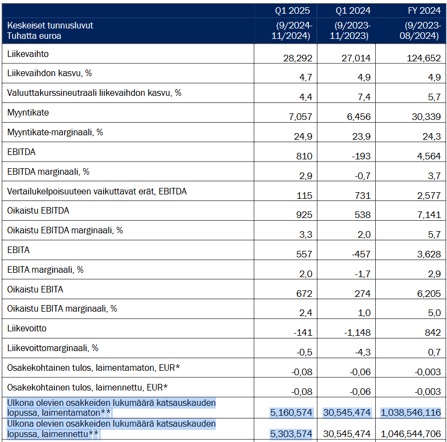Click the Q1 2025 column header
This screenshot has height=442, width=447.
292,10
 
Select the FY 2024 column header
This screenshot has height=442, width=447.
424,10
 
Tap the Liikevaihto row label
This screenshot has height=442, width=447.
28,54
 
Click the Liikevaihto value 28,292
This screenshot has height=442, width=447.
297,58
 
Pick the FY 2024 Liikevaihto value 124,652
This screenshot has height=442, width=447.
423,58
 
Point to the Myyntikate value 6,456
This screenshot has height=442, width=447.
359,117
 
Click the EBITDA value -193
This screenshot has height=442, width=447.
361,156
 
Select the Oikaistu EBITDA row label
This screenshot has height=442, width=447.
38,211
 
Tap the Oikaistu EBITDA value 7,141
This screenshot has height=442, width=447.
429,215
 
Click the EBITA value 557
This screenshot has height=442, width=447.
304,254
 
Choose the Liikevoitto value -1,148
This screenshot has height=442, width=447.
357,332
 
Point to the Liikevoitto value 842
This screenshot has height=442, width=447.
432,332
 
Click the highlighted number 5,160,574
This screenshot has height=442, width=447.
291,412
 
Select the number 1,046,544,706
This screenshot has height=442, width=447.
411,434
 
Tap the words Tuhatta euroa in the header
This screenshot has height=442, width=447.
34,36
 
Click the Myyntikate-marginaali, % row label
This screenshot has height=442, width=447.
55,132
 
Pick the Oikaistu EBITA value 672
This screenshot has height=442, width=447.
304,294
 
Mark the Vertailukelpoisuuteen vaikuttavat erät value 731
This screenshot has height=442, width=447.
363,196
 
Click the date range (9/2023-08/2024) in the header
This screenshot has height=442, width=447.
420,31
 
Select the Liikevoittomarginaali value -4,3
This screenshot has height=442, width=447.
363,352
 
